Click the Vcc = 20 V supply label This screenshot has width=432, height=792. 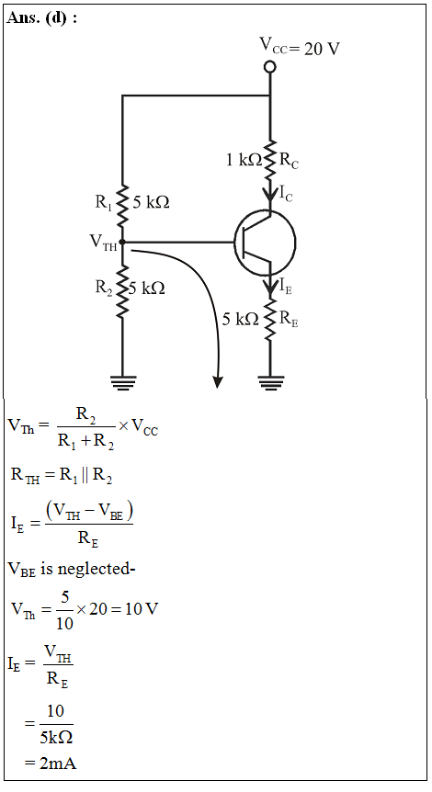300,47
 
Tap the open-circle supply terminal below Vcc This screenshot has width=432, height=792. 270,67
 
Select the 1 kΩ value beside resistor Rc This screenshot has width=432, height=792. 244,160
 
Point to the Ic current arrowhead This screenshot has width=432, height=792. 270,194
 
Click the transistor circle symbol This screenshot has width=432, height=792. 265,243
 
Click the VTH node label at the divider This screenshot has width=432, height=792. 104,243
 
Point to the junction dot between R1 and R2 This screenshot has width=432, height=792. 122,242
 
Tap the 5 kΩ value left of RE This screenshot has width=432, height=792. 241,319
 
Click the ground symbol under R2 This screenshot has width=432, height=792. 123,383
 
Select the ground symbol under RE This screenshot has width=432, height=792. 271,383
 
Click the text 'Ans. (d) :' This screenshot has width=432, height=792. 42,18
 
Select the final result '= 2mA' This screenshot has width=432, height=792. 51,763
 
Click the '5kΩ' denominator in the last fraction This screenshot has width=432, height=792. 57,738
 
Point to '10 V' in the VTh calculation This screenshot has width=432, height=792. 142,608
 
